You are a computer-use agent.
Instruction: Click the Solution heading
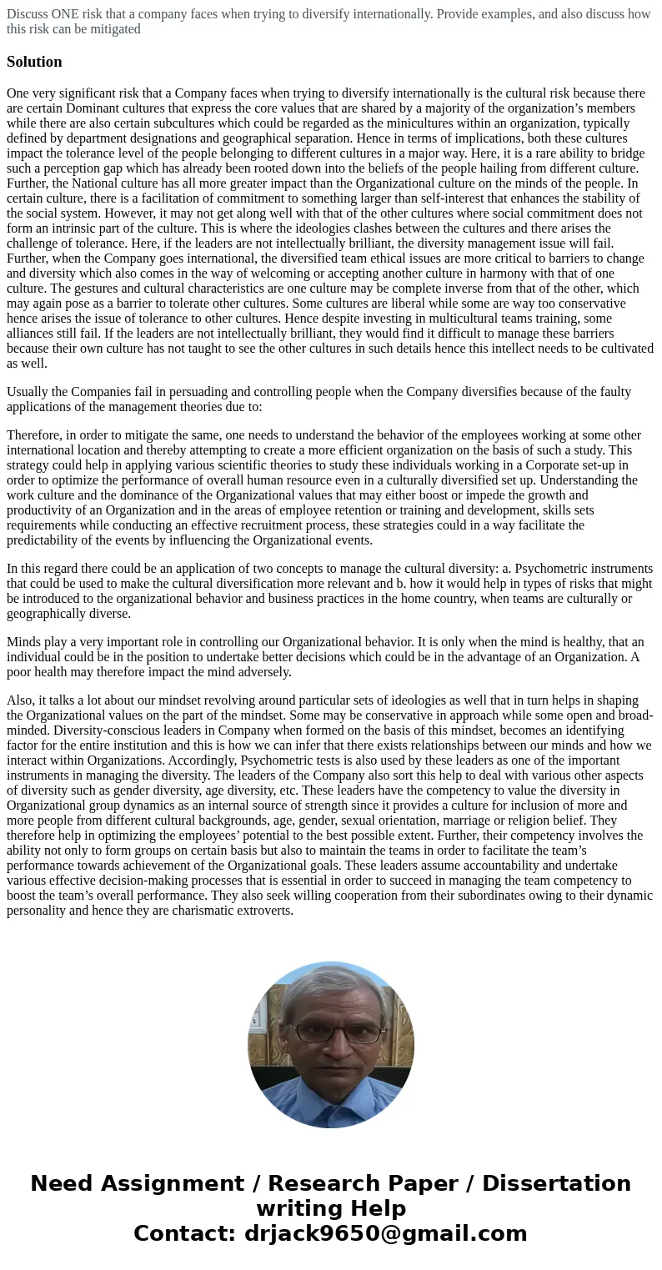click(34, 62)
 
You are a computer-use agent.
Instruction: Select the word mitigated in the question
click(113, 29)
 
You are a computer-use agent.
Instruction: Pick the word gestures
click(98, 289)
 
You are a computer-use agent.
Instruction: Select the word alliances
click(33, 334)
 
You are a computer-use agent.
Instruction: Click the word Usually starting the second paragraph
click(30, 392)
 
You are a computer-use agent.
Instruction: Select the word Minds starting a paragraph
click(25, 642)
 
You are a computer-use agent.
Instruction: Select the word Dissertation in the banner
click(556, 1184)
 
